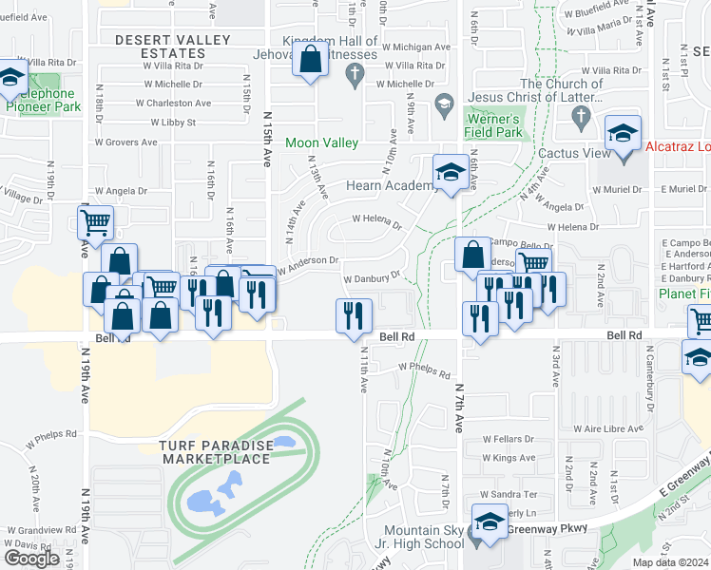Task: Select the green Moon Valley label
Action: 322,142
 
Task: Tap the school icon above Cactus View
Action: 624,133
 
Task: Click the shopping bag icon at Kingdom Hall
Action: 312,61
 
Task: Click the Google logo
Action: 31,559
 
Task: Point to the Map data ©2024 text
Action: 670,562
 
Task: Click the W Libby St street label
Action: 173,123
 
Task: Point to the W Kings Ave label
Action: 509,458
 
